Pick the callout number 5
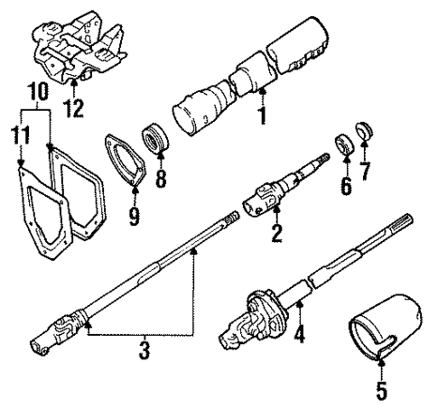pyautogui.click(x=380, y=390)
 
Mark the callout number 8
pyautogui.click(x=162, y=179)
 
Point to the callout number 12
pyautogui.click(x=74, y=109)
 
